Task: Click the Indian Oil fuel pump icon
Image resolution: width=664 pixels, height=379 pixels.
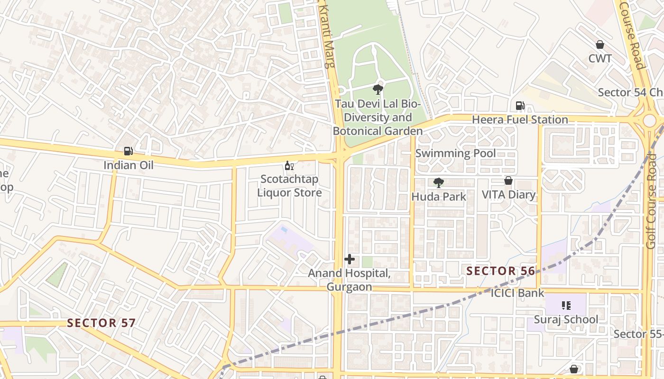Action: click(128, 151)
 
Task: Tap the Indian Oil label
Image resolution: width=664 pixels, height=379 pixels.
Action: click(129, 165)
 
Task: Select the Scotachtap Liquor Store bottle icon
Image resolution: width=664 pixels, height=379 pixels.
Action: click(289, 165)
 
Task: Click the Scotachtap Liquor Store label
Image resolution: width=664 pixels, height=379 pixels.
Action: click(289, 186)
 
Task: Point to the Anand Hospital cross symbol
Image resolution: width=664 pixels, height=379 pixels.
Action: click(350, 259)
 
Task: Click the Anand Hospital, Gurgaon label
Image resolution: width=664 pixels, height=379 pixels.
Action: click(349, 280)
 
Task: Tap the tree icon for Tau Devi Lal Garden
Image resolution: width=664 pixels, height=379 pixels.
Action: click(378, 89)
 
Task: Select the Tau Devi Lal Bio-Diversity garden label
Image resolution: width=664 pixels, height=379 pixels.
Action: click(378, 117)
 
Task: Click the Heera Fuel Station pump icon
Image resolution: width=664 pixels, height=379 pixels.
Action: click(520, 106)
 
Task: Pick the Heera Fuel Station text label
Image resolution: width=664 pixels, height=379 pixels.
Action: click(520, 120)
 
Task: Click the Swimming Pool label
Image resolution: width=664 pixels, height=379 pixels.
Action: click(455, 153)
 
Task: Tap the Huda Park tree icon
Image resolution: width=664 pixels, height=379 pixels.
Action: click(439, 182)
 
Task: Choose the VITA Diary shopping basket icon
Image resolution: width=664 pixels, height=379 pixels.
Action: click(508, 180)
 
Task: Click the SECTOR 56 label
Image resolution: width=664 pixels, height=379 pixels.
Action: click(501, 271)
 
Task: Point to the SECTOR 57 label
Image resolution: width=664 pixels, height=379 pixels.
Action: click(101, 323)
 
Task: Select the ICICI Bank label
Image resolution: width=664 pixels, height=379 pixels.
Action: click(517, 293)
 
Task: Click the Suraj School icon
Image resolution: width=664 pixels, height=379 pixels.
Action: click(566, 306)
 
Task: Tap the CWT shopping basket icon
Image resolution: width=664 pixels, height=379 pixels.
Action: click(600, 45)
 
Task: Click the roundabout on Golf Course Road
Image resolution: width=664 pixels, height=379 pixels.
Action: click(649, 120)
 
